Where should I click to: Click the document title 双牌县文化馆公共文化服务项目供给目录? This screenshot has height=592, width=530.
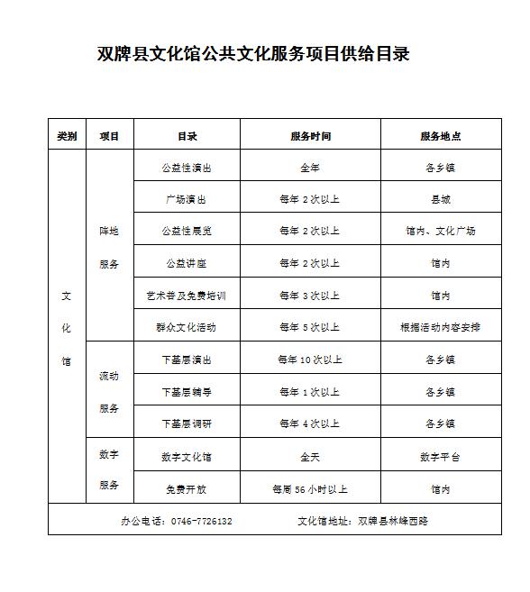[x=253, y=54]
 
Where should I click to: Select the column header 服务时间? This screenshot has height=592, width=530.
[x=310, y=136]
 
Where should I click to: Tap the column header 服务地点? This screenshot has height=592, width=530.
[x=440, y=136]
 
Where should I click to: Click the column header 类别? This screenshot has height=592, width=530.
[x=67, y=136]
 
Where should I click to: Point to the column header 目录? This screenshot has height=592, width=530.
[x=187, y=136]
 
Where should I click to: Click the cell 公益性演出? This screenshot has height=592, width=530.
[x=187, y=168]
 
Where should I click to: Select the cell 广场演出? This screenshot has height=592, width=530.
[x=187, y=199]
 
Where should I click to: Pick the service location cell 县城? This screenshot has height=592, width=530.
[x=440, y=199]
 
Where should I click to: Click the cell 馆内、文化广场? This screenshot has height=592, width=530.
[x=440, y=231]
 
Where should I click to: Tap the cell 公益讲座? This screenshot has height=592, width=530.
[x=187, y=263]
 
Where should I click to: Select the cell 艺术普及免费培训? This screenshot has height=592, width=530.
[x=187, y=296]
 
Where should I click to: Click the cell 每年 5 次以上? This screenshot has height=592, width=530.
[x=310, y=326]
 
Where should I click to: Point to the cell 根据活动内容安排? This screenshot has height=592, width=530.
[x=440, y=326]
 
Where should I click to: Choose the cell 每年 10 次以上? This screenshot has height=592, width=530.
[x=310, y=360]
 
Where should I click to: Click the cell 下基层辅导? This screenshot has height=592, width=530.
[x=187, y=392]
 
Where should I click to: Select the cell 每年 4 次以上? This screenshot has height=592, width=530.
[x=310, y=424]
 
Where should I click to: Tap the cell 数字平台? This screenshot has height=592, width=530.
[x=440, y=457]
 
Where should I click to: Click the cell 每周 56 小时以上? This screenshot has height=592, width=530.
[x=310, y=489]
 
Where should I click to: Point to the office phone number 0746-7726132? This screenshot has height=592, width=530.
[x=201, y=521]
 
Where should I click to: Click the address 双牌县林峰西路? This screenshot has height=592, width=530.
[x=393, y=521]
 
